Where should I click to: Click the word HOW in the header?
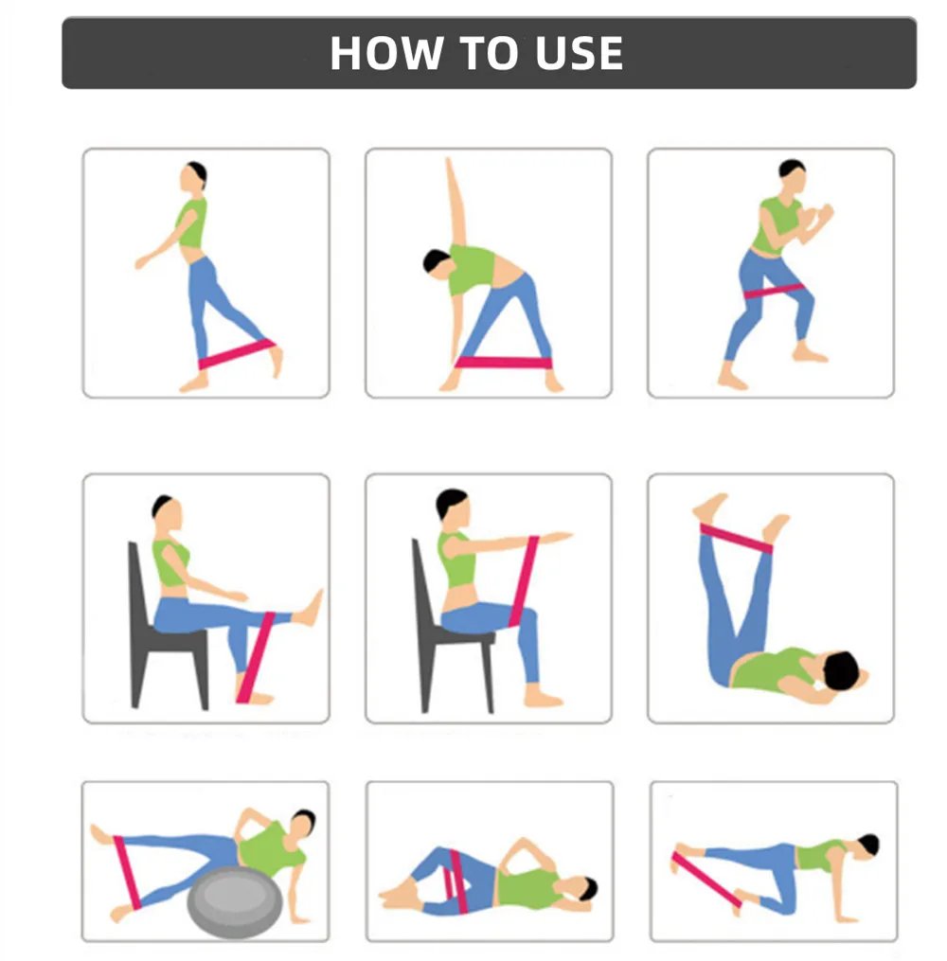386,53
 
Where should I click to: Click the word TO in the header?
489,53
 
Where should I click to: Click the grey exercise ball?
235,901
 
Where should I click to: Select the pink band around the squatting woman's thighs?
773,291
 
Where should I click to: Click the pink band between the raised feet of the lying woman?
736,538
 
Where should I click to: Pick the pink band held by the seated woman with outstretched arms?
524,581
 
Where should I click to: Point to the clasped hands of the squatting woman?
815,217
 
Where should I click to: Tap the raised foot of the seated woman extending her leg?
310,609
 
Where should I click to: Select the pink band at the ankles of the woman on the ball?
128,872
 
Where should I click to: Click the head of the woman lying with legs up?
841,670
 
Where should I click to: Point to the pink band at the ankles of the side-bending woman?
503,363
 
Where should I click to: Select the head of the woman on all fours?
867,845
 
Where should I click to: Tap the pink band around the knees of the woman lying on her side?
456,881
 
